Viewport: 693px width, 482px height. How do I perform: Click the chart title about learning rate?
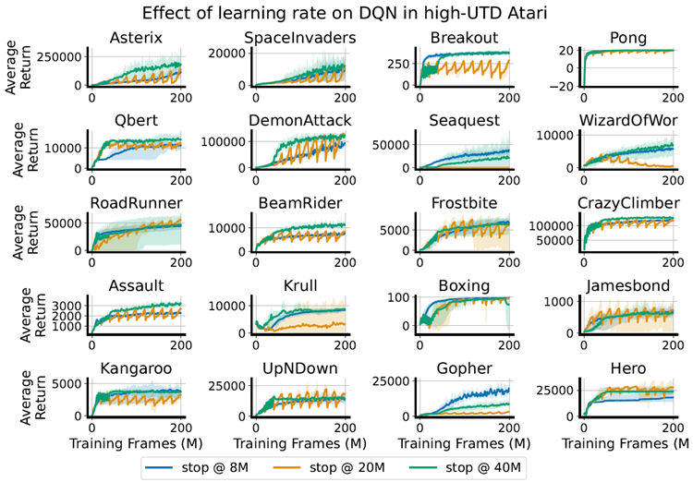(x=345, y=13)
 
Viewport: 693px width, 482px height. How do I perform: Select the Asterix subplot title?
(x=136, y=38)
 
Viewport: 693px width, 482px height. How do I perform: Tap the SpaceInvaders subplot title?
(x=300, y=38)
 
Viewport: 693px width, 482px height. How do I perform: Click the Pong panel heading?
(x=628, y=39)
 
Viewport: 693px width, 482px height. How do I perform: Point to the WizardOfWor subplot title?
(x=628, y=120)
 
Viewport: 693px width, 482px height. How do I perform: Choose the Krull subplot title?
(x=300, y=285)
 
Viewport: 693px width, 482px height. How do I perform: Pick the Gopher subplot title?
(x=464, y=368)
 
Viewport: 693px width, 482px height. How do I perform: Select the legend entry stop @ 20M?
(x=329, y=467)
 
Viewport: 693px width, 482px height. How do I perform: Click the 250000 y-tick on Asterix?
(x=59, y=57)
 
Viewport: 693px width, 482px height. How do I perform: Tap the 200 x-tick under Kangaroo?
(x=181, y=428)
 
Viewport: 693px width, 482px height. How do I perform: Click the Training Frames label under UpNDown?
(x=300, y=443)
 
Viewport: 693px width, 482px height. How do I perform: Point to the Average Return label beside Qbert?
(x=26, y=150)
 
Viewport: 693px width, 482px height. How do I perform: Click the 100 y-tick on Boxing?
(x=398, y=297)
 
